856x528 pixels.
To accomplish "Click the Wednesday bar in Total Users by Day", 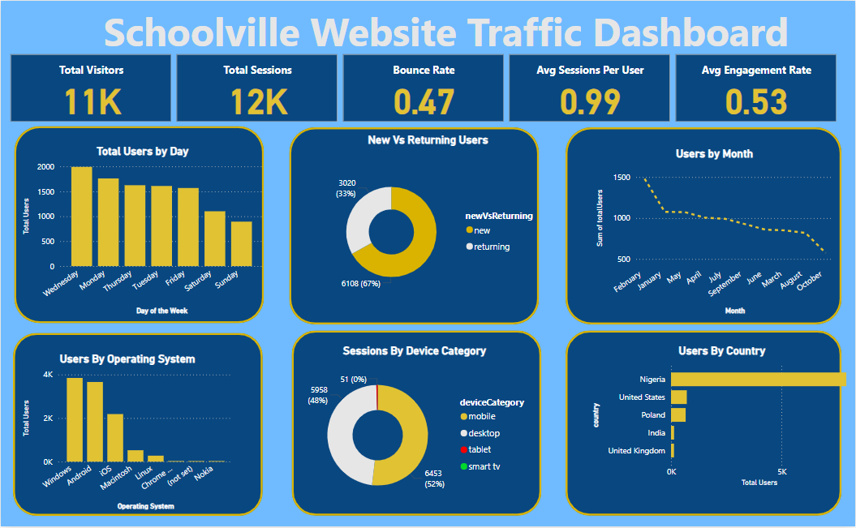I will pos(81,217).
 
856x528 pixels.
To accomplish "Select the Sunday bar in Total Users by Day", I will pos(241,243).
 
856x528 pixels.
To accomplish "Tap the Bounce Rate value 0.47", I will pos(424,101).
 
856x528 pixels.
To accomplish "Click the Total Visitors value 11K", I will pos(92,101).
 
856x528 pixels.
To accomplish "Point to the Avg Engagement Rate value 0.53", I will pos(756,101).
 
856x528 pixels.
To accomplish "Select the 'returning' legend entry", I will pos(492,247).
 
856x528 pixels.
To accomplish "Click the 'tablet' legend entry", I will pos(479,449).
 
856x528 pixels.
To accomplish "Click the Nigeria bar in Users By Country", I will pos(758,379).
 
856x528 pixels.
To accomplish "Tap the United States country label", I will pos(642,397).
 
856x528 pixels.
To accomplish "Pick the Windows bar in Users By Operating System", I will pos(75,419).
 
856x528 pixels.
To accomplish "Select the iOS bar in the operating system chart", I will pos(115,437).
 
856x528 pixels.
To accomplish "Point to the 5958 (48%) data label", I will pos(317,395).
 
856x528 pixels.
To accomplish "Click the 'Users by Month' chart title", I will pos(714,153).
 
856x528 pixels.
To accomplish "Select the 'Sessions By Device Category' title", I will pos(415,351).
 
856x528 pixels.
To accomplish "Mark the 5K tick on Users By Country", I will pos(781,471).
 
